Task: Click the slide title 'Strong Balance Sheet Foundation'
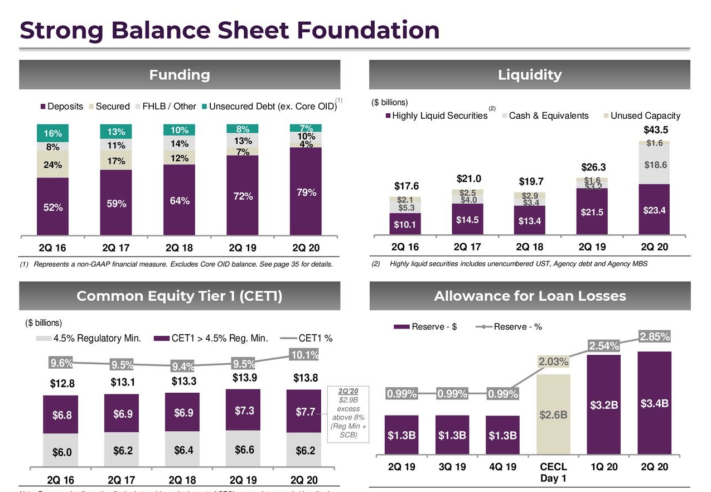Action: tap(229, 30)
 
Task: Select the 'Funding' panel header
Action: tap(180, 75)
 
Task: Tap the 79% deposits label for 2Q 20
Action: tap(306, 192)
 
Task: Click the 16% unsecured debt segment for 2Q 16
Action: tap(52, 133)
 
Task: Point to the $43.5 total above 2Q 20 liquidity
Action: tap(655, 130)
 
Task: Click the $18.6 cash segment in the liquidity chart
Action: tap(655, 165)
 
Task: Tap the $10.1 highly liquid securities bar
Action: tap(404, 225)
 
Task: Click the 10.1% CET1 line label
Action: tap(304, 354)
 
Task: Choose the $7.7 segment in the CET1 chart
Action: tap(306, 413)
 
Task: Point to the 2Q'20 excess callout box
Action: tap(349, 413)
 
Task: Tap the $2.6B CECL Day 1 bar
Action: tap(553, 416)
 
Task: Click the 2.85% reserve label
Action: tap(655, 337)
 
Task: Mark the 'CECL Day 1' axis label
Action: tap(553, 472)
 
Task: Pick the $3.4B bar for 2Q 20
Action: tap(655, 403)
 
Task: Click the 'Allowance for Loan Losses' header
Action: tap(530, 296)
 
